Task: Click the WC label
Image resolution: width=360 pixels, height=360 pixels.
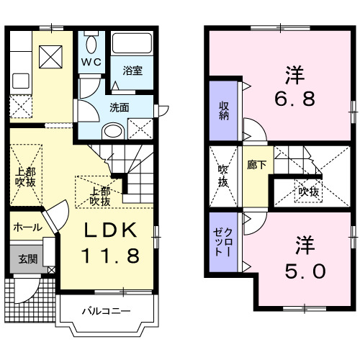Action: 92,61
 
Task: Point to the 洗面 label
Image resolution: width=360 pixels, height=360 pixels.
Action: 119,107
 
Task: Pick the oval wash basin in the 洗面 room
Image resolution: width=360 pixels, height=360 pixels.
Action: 113,130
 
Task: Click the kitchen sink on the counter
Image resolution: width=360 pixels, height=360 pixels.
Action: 20,80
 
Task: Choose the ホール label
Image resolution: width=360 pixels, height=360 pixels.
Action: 27,227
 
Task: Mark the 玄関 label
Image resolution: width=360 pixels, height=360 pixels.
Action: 27,258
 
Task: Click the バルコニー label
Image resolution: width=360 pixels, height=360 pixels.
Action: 105,312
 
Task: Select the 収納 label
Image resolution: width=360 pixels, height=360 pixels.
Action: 224,112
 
